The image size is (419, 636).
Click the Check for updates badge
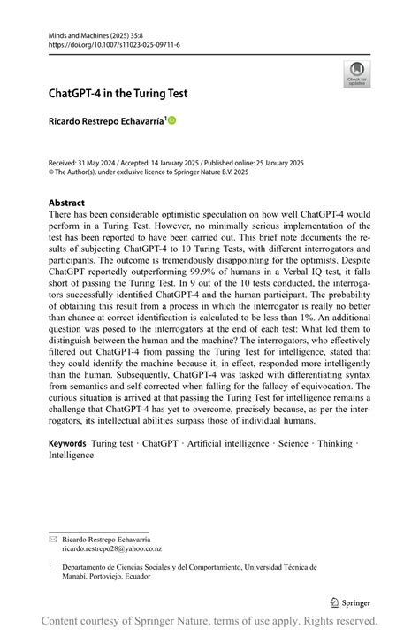click(357, 73)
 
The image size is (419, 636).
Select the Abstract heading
click(66, 203)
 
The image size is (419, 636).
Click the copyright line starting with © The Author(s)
click(148, 174)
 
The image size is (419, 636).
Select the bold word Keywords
click(67, 442)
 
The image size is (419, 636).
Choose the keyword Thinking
click(334, 442)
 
